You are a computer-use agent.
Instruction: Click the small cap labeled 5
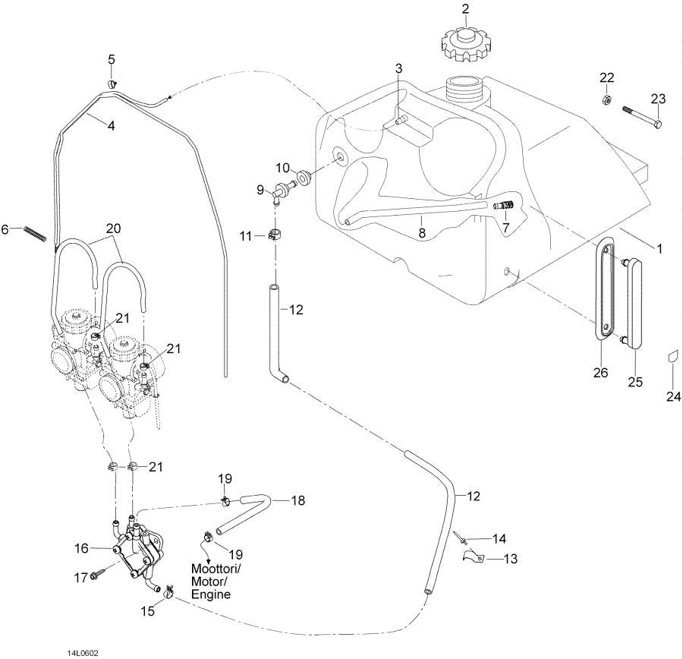(112, 82)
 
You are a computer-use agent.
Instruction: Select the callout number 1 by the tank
(659, 249)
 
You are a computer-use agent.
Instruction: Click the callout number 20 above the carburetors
(113, 229)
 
